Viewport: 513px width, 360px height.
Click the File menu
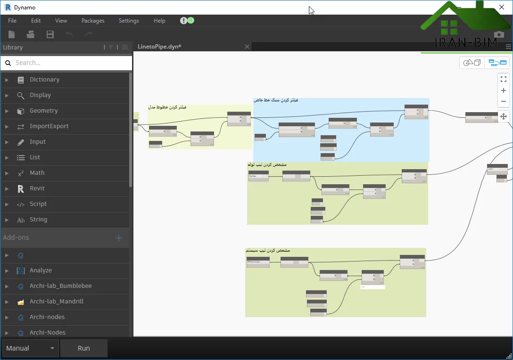tap(12, 21)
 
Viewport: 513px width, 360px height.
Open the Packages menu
tap(93, 21)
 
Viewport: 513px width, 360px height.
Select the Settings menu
tap(129, 21)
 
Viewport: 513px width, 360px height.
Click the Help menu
tap(159, 21)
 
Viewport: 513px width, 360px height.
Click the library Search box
tap(71, 63)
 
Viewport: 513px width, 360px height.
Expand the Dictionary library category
tap(44, 80)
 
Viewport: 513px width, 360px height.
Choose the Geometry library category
tap(43, 111)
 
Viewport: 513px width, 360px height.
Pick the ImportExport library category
tap(49, 126)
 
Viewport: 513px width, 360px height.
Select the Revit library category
tap(37, 188)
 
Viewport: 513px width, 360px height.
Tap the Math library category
tap(37, 173)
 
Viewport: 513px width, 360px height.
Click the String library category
tap(38, 220)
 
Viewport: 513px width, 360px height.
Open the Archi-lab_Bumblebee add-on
tap(60, 286)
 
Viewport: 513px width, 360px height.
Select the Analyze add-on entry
tap(41, 270)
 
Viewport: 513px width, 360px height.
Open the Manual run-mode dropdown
tap(31, 348)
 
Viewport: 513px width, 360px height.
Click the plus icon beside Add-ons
tap(119, 238)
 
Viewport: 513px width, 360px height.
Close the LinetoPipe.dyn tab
tap(247, 47)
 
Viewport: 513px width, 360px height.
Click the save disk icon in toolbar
tap(50, 34)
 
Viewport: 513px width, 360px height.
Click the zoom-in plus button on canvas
tap(504, 90)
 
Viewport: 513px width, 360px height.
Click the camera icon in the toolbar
tap(499, 34)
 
